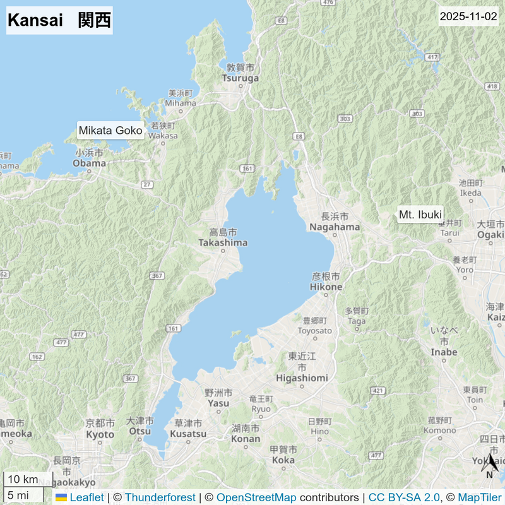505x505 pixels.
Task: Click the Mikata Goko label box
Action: point(110,131)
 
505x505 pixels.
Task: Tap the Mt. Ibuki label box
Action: point(420,215)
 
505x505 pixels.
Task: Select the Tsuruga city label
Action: point(241,78)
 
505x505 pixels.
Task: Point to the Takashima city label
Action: point(223,242)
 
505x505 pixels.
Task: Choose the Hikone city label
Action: point(326,287)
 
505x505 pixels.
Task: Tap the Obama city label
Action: point(89,163)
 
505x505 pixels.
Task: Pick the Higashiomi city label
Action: point(302,377)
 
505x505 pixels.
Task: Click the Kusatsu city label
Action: point(188,434)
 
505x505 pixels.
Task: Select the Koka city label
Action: point(283,460)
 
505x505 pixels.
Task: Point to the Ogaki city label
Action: point(490,235)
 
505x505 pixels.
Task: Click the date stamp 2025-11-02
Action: point(468,16)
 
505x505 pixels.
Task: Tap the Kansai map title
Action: point(59,20)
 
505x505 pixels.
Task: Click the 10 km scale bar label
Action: point(23,479)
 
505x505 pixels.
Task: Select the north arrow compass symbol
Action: point(490,464)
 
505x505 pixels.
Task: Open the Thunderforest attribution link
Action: point(160,497)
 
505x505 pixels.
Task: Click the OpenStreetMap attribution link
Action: point(256,497)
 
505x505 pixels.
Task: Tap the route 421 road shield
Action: point(377,391)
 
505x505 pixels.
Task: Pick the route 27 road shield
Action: point(147,184)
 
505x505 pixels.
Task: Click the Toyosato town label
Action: point(314,330)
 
